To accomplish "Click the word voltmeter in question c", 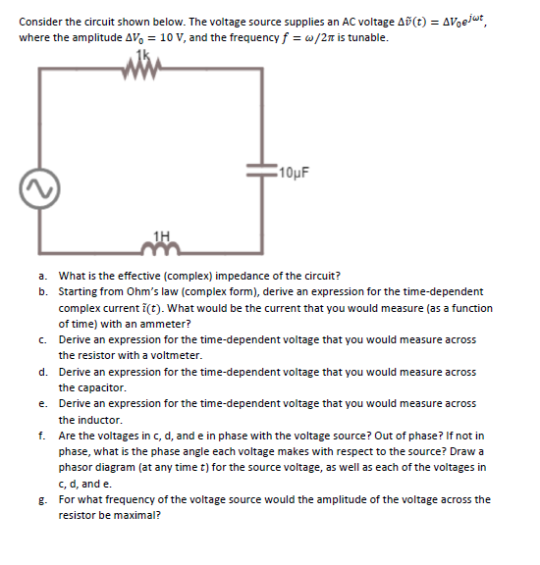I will [x=176, y=355].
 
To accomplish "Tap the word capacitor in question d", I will [x=102, y=387].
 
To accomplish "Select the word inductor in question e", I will [x=99, y=420].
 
